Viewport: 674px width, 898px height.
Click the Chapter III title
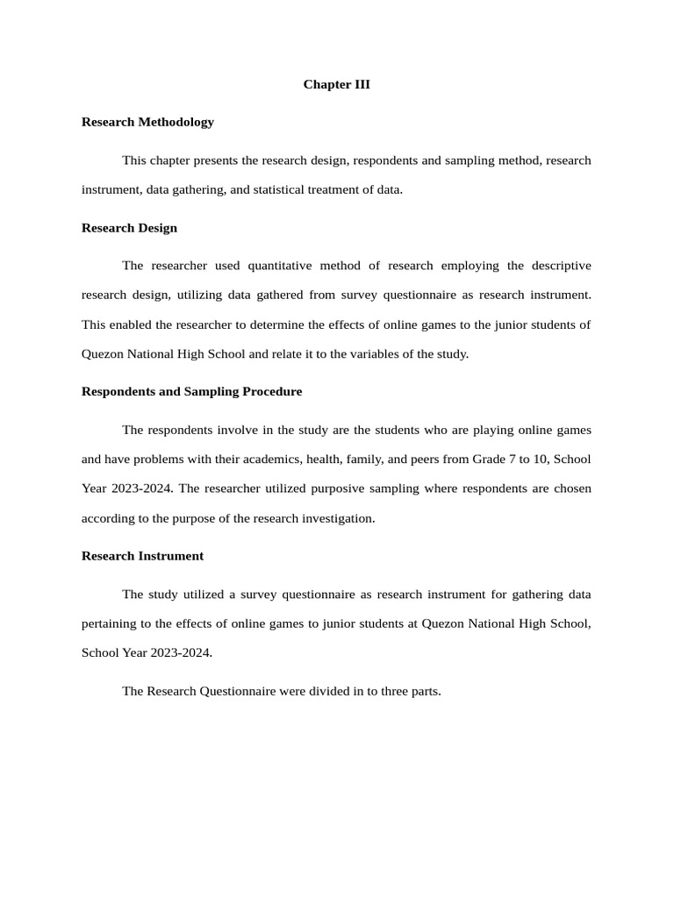(337, 84)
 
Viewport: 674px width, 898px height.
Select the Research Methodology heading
(147, 122)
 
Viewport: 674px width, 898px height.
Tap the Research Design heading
(129, 228)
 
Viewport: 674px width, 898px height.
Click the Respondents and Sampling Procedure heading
(191, 391)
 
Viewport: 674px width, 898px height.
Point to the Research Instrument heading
(142, 556)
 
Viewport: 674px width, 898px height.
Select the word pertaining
(110, 624)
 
